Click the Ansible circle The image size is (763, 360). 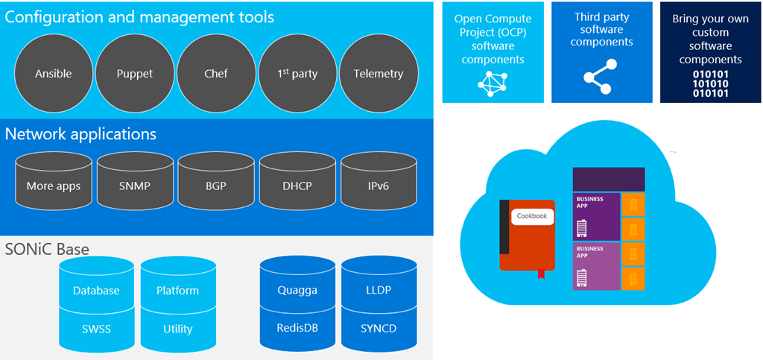coord(54,73)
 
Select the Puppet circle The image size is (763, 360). coord(135,73)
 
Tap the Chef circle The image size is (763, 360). coord(216,73)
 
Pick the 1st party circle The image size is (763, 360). coord(297,73)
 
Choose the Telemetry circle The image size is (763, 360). coord(378,73)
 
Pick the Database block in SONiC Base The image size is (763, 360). coord(96,290)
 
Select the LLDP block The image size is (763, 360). coord(378,290)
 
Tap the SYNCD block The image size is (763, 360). coord(378,328)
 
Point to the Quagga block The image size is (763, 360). coord(297,290)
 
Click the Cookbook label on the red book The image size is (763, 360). coord(532,216)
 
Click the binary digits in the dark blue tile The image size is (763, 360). coord(711,84)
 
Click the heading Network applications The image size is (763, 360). coord(80,134)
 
